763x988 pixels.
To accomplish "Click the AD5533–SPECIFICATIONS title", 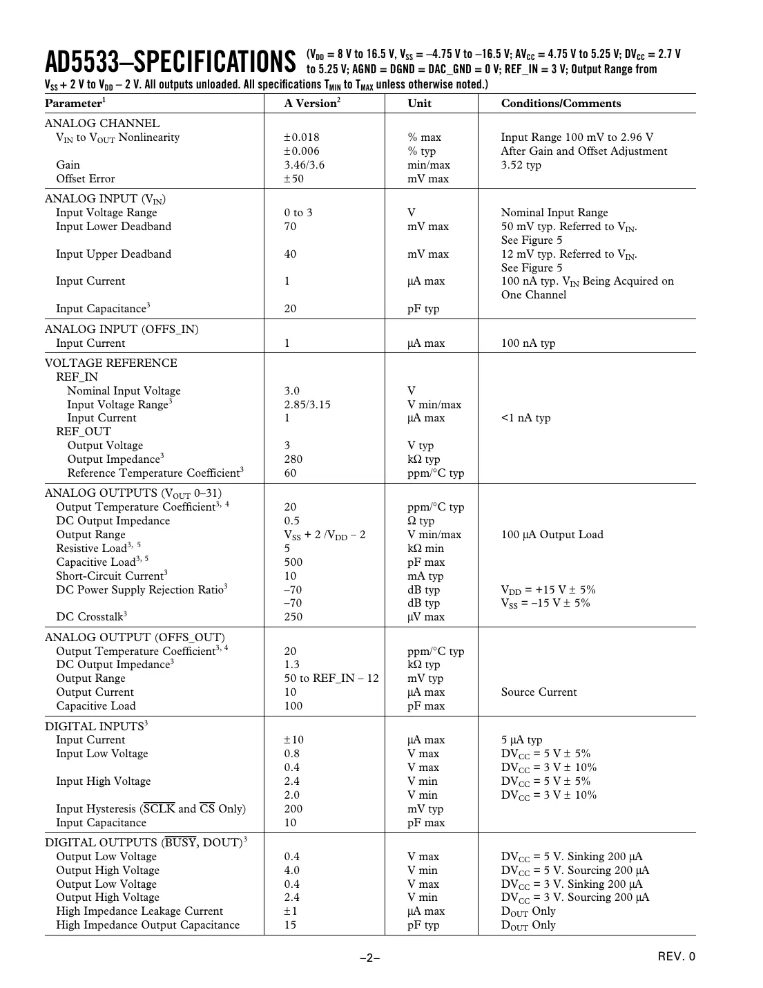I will [170, 61].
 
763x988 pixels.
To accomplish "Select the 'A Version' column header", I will [312, 104].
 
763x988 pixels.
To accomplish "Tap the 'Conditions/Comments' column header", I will [561, 104].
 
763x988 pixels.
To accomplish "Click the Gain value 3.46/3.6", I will [304, 165].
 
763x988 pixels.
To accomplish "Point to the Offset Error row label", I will [86, 179].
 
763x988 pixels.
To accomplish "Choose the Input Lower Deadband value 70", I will [290, 227].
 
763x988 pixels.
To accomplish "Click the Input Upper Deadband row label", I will [113, 254].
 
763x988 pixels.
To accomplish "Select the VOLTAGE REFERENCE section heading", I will [110, 363].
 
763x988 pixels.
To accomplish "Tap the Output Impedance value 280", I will [293, 459].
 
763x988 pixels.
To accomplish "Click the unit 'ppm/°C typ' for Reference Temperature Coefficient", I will [436, 473].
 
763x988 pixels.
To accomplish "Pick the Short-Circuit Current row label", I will [111, 576].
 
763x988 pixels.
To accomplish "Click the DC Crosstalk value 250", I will [293, 617].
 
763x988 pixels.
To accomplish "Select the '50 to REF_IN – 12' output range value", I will [331, 678].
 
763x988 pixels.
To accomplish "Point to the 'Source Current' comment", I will [539, 692].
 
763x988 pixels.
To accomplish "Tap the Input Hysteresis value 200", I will [293, 809].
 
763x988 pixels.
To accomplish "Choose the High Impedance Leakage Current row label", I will [139, 911].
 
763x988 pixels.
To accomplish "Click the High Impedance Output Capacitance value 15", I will [290, 925].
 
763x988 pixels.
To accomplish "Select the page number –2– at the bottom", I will [370, 958].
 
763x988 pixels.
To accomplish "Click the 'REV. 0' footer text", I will [676, 957].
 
